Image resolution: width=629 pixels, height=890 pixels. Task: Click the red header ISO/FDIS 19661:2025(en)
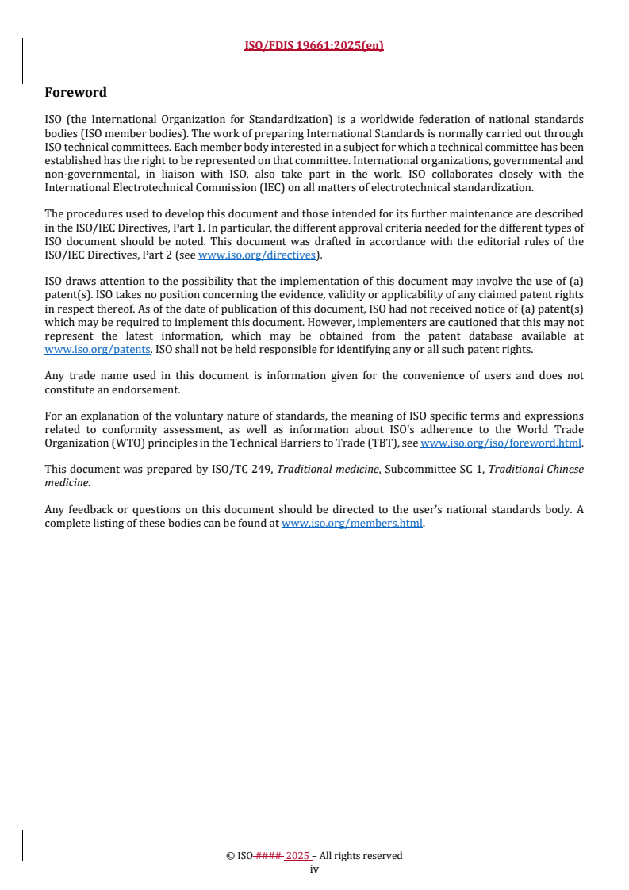click(314, 45)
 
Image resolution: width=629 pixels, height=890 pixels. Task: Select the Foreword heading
click(75, 93)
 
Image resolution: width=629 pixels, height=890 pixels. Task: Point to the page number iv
click(314, 869)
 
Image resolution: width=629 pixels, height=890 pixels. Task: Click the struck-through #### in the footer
click(270, 856)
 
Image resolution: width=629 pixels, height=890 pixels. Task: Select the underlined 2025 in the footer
click(297, 856)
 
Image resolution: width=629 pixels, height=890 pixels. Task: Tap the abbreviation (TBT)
click(384, 443)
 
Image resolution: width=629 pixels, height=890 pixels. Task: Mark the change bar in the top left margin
click(22, 61)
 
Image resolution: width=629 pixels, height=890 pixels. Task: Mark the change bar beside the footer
click(22, 846)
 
